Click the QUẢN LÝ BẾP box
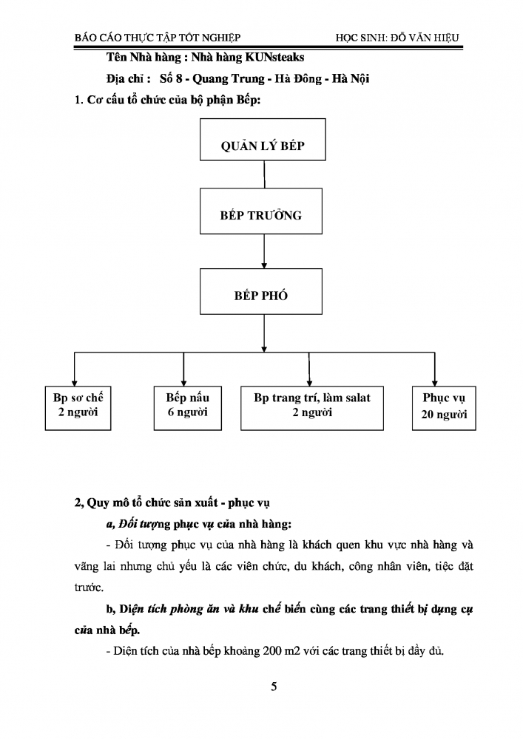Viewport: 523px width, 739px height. [x=263, y=140]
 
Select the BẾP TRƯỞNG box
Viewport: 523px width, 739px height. [x=261, y=211]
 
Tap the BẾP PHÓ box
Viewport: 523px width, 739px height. [x=261, y=291]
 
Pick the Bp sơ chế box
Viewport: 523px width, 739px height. [x=78, y=408]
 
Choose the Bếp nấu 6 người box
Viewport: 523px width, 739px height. [x=188, y=408]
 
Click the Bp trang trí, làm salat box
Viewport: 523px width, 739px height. [x=311, y=408]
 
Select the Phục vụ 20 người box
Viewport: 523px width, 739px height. [x=444, y=408]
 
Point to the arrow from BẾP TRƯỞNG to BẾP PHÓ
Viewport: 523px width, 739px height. [x=264, y=251]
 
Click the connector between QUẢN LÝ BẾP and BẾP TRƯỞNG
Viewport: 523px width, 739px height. [x=264, y=174]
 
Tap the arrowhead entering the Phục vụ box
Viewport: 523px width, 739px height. [x=434, y=383]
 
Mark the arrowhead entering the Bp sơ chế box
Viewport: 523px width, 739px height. [x=74, y=383]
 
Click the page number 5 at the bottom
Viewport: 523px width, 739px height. [x=274, y=687]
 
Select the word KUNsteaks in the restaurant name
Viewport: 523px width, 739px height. [x=275, y=58]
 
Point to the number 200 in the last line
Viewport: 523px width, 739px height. [x=272, y=651]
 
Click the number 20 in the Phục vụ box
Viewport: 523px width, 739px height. [x=428, y=415]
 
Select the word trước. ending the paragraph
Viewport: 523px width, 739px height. [x=89, y=588]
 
